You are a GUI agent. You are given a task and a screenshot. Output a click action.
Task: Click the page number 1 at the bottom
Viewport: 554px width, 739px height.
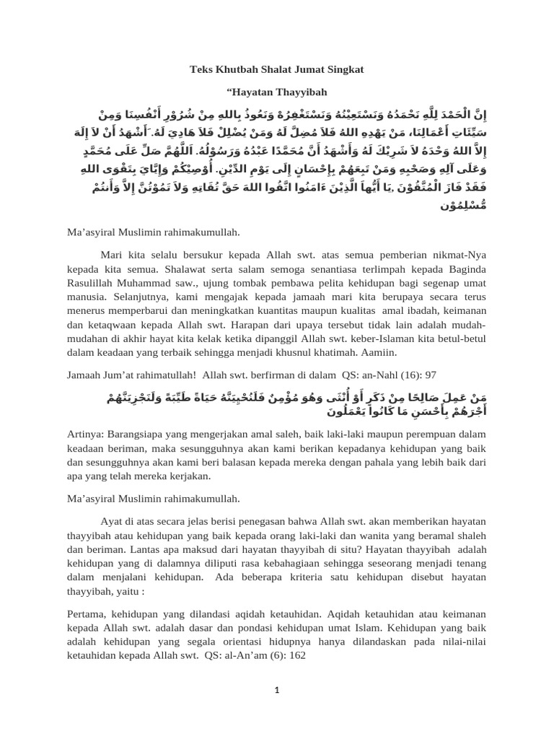(x=276, y=691)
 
